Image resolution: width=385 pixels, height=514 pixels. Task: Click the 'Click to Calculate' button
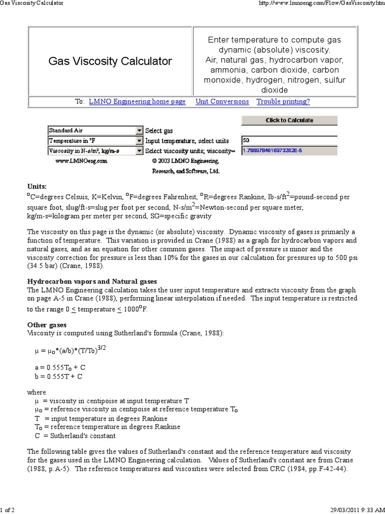(289, 120)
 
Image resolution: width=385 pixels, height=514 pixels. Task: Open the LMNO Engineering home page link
(137, 101)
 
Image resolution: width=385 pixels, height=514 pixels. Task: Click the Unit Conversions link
(222, 101)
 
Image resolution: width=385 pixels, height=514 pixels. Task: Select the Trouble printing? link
(283, 101)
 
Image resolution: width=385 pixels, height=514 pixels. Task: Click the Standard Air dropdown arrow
(139, 131)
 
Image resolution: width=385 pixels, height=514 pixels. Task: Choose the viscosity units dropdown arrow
(139, 151)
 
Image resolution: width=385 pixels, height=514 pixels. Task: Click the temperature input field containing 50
(289, 141)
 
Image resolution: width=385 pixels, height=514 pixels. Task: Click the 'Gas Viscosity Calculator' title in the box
(110, 61)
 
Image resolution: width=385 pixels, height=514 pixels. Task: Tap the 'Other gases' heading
(47, 325)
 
